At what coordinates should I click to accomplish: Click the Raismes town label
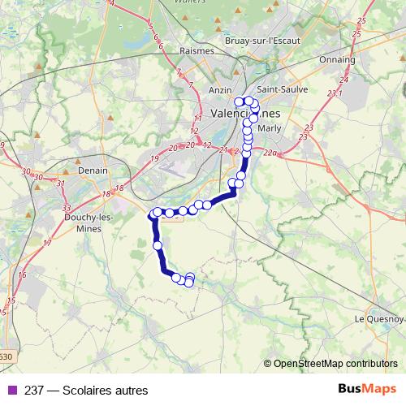coord(197,50)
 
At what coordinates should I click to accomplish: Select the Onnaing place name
coord(338,59)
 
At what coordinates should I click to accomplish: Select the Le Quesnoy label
coord(375,318)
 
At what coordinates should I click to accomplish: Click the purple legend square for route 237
coord(11,389)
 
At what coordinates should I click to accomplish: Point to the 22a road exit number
coord(270,152)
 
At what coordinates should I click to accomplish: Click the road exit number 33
coord(66,209)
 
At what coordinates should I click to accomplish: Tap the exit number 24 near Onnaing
coord(343,80)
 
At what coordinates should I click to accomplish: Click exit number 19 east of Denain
coord(153,158)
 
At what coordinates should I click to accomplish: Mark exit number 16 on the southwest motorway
coord(21,275)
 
